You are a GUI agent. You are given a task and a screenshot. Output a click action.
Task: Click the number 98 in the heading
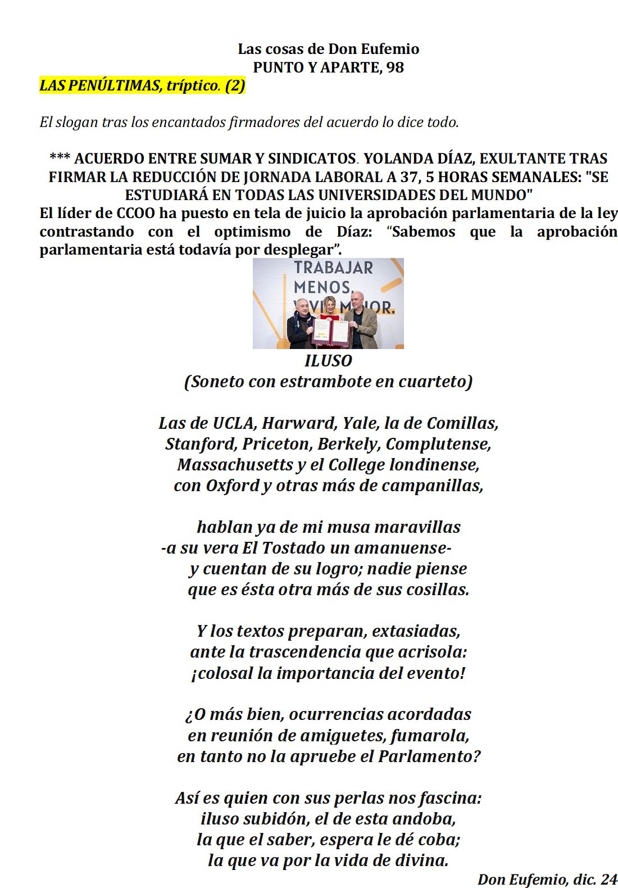tap(395, 67)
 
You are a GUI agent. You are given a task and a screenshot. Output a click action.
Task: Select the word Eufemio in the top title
tap(390, 49)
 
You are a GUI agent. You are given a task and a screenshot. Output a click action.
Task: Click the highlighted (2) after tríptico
tap(235, 85)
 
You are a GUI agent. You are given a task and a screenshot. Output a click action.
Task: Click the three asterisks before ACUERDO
tap(60, 158)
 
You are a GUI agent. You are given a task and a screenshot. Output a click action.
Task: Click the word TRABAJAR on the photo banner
tap(333, 268)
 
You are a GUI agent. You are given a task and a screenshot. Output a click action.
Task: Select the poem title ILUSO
tap(328, 361)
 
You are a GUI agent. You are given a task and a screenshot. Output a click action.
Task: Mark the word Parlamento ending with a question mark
tap(429, 756)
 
